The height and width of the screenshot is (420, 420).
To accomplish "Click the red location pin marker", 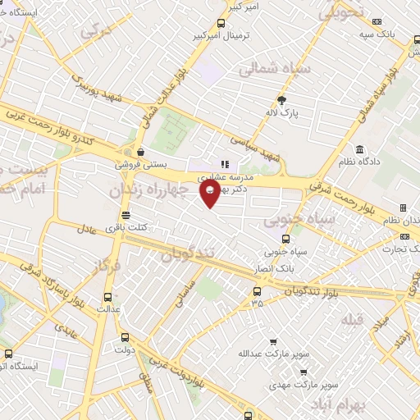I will (x=211, y=192).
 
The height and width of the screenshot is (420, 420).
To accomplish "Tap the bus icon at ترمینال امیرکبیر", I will (x=220, y=24).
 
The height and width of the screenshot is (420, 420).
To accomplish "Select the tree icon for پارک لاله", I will (x=282, y=101).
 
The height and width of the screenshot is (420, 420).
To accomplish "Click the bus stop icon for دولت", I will (x=125, y=336).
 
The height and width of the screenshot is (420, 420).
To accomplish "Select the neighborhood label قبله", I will (x=351, y=317).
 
